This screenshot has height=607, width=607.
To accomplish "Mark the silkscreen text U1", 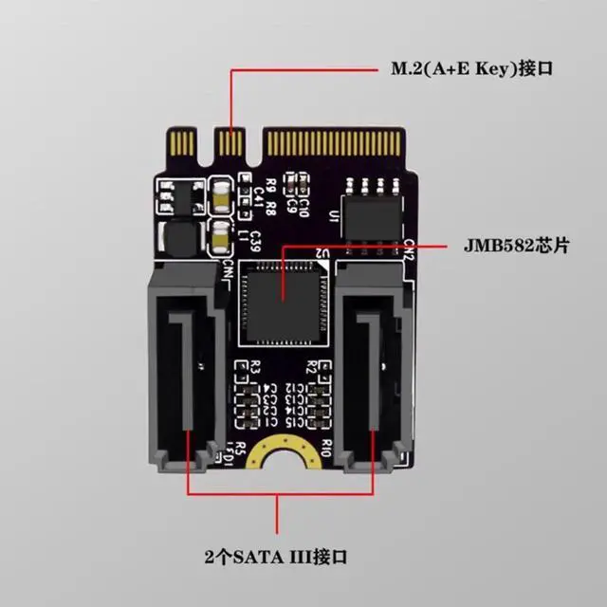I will pos(333,220).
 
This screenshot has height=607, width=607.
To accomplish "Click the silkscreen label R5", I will pos(240,446).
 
